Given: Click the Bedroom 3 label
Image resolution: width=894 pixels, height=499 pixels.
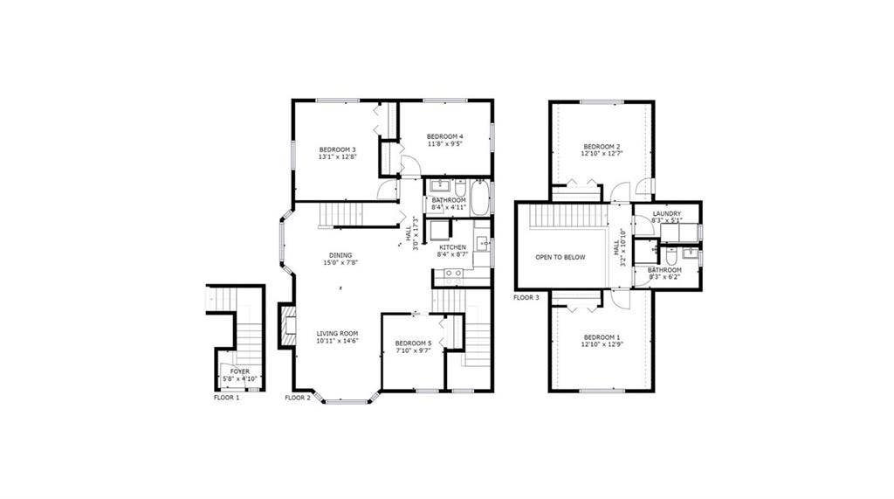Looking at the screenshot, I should (x=336, y=149).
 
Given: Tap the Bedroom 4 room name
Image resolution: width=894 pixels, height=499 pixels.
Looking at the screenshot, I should (x=444, y=136).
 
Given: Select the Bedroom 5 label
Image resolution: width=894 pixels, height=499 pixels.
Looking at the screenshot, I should (x=413, y=343).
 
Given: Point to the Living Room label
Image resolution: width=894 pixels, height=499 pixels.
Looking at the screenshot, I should (x=337, y=333).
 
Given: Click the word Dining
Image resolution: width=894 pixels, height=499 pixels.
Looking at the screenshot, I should (x=340, y=255).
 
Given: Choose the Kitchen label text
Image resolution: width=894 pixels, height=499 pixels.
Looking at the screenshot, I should (x=452, y=248).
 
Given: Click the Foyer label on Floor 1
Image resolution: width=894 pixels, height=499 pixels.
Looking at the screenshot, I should (x=239, y=371).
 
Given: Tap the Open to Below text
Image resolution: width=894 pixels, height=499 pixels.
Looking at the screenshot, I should (x=560, y=258).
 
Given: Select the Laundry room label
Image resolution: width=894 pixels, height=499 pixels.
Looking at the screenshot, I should (x=666, y=213).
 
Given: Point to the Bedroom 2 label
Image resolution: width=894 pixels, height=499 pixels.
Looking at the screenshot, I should (x=602, y=146).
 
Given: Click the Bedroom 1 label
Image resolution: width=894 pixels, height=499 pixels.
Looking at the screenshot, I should (x=602, y=337).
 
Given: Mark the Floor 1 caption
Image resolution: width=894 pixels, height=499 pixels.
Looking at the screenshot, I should (x=226, y=398).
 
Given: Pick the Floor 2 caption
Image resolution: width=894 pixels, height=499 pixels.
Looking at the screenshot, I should (x=297, y=398).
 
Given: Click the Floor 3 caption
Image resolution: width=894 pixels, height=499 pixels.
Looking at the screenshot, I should (x=526, y=298).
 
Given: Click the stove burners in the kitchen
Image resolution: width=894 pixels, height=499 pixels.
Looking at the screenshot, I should (x=452, y=274).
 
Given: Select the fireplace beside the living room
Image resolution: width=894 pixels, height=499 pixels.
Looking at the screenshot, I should (x=285, y=325).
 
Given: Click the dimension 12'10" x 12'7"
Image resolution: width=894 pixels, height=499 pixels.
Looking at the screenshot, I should (x=602, y=155).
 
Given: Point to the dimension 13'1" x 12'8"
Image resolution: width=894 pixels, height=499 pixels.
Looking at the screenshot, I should (x=336, y=158).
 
